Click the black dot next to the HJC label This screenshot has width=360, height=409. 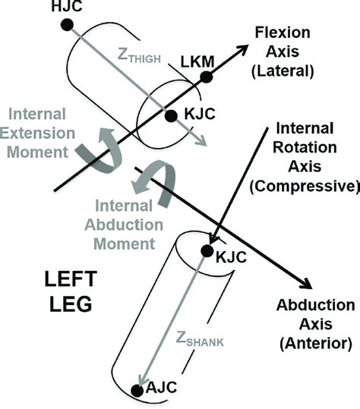point(67,25)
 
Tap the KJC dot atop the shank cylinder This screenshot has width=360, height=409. point(206,251)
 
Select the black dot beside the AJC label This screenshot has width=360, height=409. point(137,390)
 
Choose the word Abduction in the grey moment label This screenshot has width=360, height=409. point(125,225)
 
